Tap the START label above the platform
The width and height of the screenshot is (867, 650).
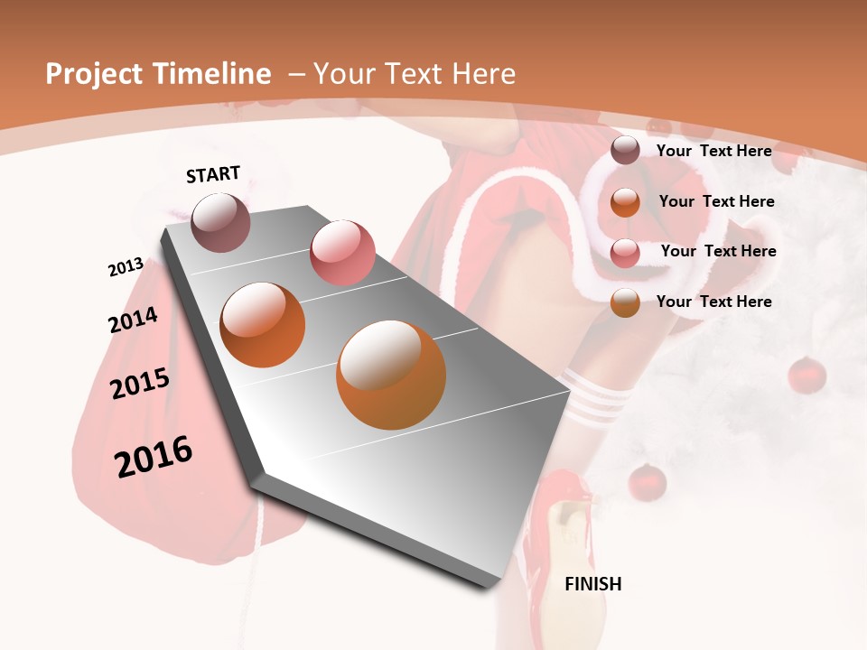[x=213, y=174]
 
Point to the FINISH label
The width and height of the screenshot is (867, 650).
[x=593, y=584]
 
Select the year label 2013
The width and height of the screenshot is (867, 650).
[x=126, y=267]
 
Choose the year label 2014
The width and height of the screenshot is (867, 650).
[x=133, y=320]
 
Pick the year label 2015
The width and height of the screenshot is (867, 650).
[x=140, y=384]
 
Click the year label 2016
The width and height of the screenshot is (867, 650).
[x=154, y=457]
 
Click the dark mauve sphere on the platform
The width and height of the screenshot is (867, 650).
[x=221, y=222]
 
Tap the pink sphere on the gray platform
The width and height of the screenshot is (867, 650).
[x=342, y=253]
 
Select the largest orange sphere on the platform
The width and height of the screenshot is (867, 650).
[x=391, y=374]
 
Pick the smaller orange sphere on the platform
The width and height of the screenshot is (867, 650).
[x=263, y=325]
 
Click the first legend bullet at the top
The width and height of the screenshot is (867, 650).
[x=625, y=151]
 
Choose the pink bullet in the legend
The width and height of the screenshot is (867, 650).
[x=625, y=254]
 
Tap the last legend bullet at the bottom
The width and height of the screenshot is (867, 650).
[x=625, y=303]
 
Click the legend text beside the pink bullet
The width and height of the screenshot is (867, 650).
[x=718, y=251]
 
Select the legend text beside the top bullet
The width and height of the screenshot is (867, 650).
[x=713, y=151]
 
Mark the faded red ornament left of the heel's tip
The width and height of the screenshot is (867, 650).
[x=647, y=482]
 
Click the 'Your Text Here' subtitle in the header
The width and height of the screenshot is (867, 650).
[x=415, y=74]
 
